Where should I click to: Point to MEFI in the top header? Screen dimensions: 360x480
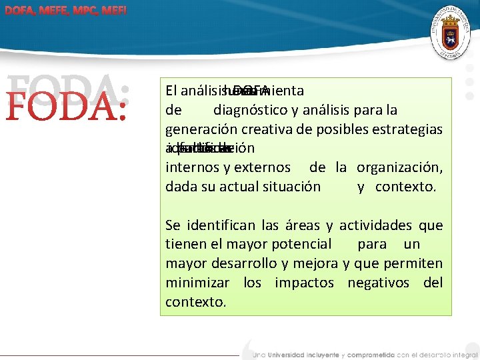click(114, 11)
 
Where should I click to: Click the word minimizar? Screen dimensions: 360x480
click(197, 283)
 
